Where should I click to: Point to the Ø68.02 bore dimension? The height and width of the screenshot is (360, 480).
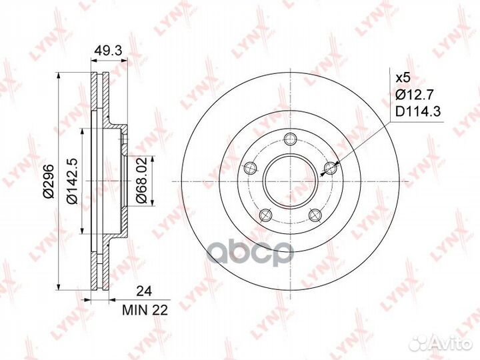[141, 180]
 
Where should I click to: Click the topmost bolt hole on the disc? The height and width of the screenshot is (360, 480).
[290, 139]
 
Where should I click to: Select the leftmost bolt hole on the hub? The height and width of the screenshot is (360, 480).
[250, 168]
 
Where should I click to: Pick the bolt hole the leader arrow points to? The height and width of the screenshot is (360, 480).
[330, 168]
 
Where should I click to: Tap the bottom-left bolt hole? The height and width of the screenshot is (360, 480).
[265, 214]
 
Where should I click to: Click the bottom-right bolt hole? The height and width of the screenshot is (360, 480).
[315, 214]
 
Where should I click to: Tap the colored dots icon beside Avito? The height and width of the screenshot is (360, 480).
[420, 341]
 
